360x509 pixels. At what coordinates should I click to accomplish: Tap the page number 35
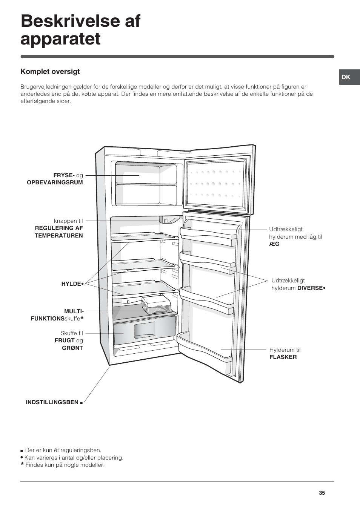coord(322,493)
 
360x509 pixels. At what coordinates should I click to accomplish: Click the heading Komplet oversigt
coord(50,72)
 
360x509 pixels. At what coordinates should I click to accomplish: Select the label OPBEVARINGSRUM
coord(55,182)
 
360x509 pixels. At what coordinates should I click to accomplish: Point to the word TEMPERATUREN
coord(58,236)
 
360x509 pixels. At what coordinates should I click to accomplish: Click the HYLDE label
coord(71,284)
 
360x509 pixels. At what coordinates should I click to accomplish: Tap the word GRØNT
coord(72,348)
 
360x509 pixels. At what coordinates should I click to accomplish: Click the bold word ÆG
coord(274,244)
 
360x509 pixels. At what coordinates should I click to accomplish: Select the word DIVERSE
coord(310,288)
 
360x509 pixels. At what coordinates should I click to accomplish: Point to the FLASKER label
coord(283,357)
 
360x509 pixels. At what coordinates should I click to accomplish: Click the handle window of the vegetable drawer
coord(145,330)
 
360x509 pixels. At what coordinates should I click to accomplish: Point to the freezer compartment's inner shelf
coord(146,184)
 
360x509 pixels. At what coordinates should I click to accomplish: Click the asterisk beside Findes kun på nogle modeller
coord(22,464)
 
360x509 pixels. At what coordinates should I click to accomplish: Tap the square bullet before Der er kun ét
coord(22,451)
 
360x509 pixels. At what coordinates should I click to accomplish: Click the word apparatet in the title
coord(60,39)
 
